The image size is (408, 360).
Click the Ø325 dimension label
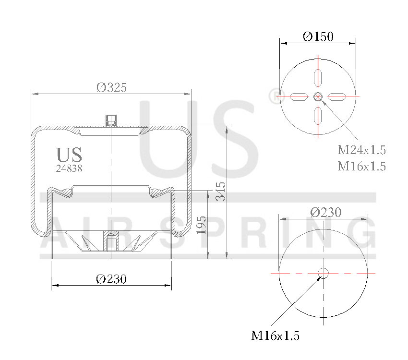[111, 87]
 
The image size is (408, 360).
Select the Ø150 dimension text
[318, 36]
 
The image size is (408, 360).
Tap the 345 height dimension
[220, 192]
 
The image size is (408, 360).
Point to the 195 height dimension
[202, 225]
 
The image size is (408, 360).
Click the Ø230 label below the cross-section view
[111, 279]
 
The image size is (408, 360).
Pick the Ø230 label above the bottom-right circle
[325, 212]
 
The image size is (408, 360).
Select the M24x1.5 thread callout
[361, 150]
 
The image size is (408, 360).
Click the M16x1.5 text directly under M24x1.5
[361, 166]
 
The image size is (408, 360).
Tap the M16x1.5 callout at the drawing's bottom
[275, 336]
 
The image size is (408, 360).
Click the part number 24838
[69, 168]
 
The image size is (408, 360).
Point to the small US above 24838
[69, 155]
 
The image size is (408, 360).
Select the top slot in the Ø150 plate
[318, 77]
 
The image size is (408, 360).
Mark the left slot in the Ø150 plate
[298, 96]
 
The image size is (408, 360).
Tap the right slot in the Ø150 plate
[337, 96]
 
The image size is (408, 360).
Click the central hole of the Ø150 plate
[318, 96]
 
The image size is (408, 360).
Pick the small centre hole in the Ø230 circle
[323, 273]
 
